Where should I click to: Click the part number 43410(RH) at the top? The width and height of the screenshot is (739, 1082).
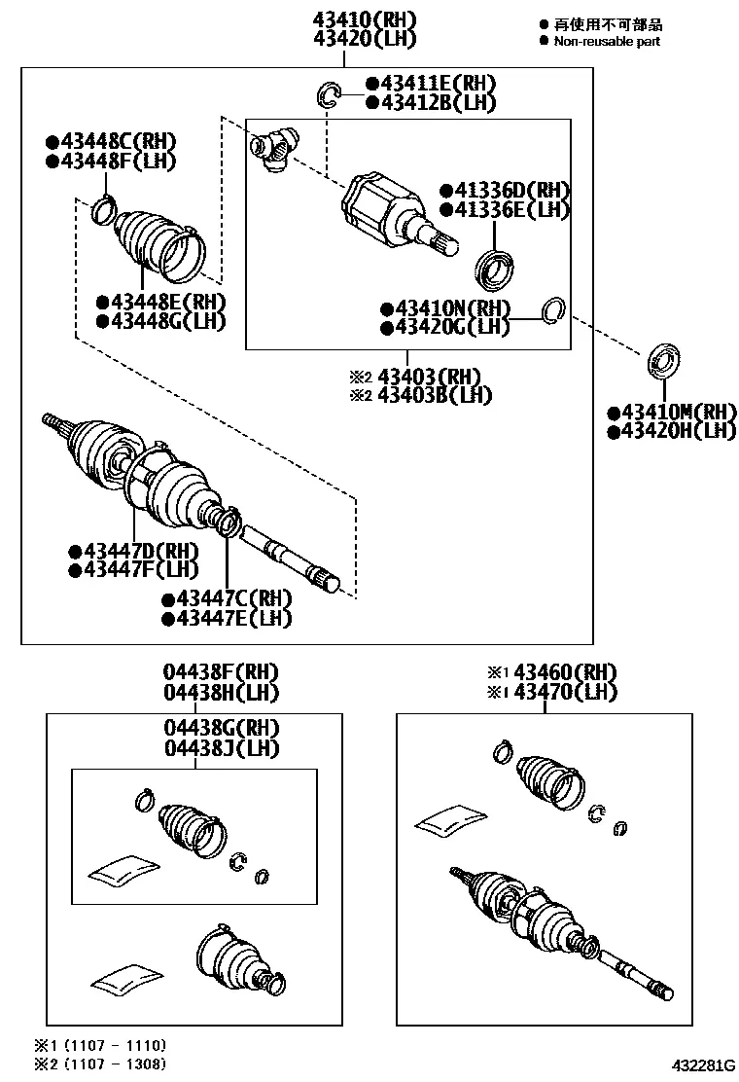point(366,19)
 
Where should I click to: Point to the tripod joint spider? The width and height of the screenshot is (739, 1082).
point(273,147)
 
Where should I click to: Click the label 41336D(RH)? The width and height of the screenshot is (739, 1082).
point(511,190)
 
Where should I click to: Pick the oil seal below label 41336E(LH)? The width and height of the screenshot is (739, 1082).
point(495,269)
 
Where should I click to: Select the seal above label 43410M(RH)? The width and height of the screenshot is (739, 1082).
point(663,359)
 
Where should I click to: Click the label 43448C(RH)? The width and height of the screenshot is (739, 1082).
point(119,141)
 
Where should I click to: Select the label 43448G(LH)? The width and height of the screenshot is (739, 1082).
point(168,321)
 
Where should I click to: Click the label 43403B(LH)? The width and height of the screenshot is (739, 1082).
point(435,395)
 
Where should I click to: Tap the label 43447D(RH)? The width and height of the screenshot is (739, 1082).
point(141,552)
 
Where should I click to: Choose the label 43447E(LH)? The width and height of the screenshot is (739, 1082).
point(233,618)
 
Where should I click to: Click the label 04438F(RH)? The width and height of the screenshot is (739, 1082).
point(221,672)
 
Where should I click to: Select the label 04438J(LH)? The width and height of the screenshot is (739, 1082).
point(222,748)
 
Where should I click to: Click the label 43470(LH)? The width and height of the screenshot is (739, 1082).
point(565,692)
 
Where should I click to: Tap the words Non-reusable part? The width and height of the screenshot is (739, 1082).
point(607,42)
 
